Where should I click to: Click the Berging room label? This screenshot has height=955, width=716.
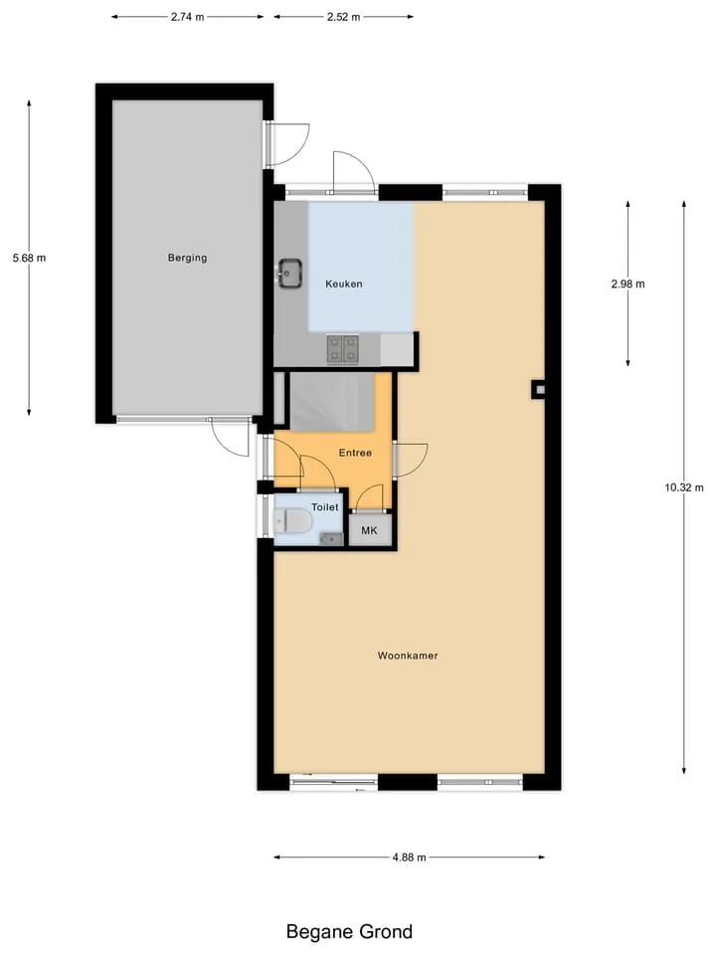pos(188,258)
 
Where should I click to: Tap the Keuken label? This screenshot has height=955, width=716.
pos(344,284)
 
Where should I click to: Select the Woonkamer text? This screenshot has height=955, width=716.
pos(408,656)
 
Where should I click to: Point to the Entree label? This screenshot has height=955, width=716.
pos(356,454)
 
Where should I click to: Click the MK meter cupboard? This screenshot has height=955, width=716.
pos(370,530)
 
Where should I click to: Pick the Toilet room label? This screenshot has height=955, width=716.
pos(325,507)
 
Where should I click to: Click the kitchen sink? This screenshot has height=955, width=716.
pos(290,273)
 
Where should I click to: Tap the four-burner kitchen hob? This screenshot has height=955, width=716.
pos(343,349)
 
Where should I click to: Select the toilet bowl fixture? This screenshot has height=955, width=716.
pos(293,521)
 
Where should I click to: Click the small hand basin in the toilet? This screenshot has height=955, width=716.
pos(331,539)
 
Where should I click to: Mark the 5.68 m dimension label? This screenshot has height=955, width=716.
pos(29,259)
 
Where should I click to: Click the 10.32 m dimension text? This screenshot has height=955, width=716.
pos(684,487)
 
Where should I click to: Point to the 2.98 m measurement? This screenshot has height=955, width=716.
pos(628,284)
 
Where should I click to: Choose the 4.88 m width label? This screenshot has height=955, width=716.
pos(409,858)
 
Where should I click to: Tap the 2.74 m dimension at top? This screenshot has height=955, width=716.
pos(188,17)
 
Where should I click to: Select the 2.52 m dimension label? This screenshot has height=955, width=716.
pos(343,17)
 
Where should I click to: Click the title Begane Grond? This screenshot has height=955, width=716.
pos(349,932)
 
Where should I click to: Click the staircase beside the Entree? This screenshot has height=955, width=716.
pos(332,402)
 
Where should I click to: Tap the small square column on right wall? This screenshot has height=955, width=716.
pos(538,390)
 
